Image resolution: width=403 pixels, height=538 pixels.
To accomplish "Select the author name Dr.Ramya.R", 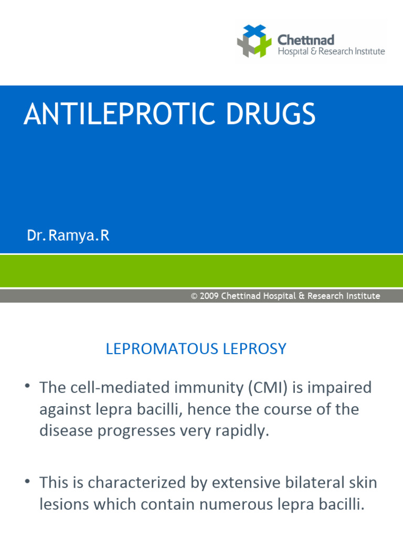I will pos(68,236).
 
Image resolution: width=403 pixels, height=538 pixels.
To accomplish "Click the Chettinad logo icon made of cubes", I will pos(254,41).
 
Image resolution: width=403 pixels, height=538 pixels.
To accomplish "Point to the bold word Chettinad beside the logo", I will pos(305,40).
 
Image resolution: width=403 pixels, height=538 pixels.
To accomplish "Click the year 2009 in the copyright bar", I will pos(209,296).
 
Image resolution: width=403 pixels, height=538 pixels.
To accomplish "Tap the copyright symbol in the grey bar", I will pos(194,296).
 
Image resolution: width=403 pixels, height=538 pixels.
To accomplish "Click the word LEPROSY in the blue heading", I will pos(260,349).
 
